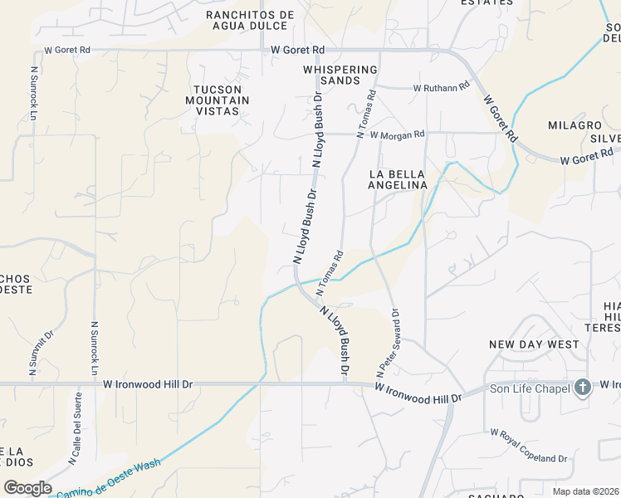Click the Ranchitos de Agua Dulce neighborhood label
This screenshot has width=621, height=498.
coord(250,21)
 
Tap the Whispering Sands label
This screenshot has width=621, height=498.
coord(340,75)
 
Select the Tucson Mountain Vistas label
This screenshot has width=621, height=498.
coord(222,100)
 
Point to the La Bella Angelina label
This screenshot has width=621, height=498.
coord(398,179)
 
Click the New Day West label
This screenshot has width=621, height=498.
coord(534,344)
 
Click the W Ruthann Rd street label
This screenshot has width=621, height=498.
coord(442,87)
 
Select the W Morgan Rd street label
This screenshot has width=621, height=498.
coord(397,134)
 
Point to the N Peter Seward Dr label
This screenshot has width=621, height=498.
coord(389,339)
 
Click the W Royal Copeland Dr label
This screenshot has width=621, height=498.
coord(529,446)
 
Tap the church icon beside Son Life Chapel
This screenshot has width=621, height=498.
coord(583,388)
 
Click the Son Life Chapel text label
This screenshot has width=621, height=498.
coord(529,388)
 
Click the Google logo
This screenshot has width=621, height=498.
coord(27,488)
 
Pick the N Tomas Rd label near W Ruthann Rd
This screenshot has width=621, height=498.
coord(366,114)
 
